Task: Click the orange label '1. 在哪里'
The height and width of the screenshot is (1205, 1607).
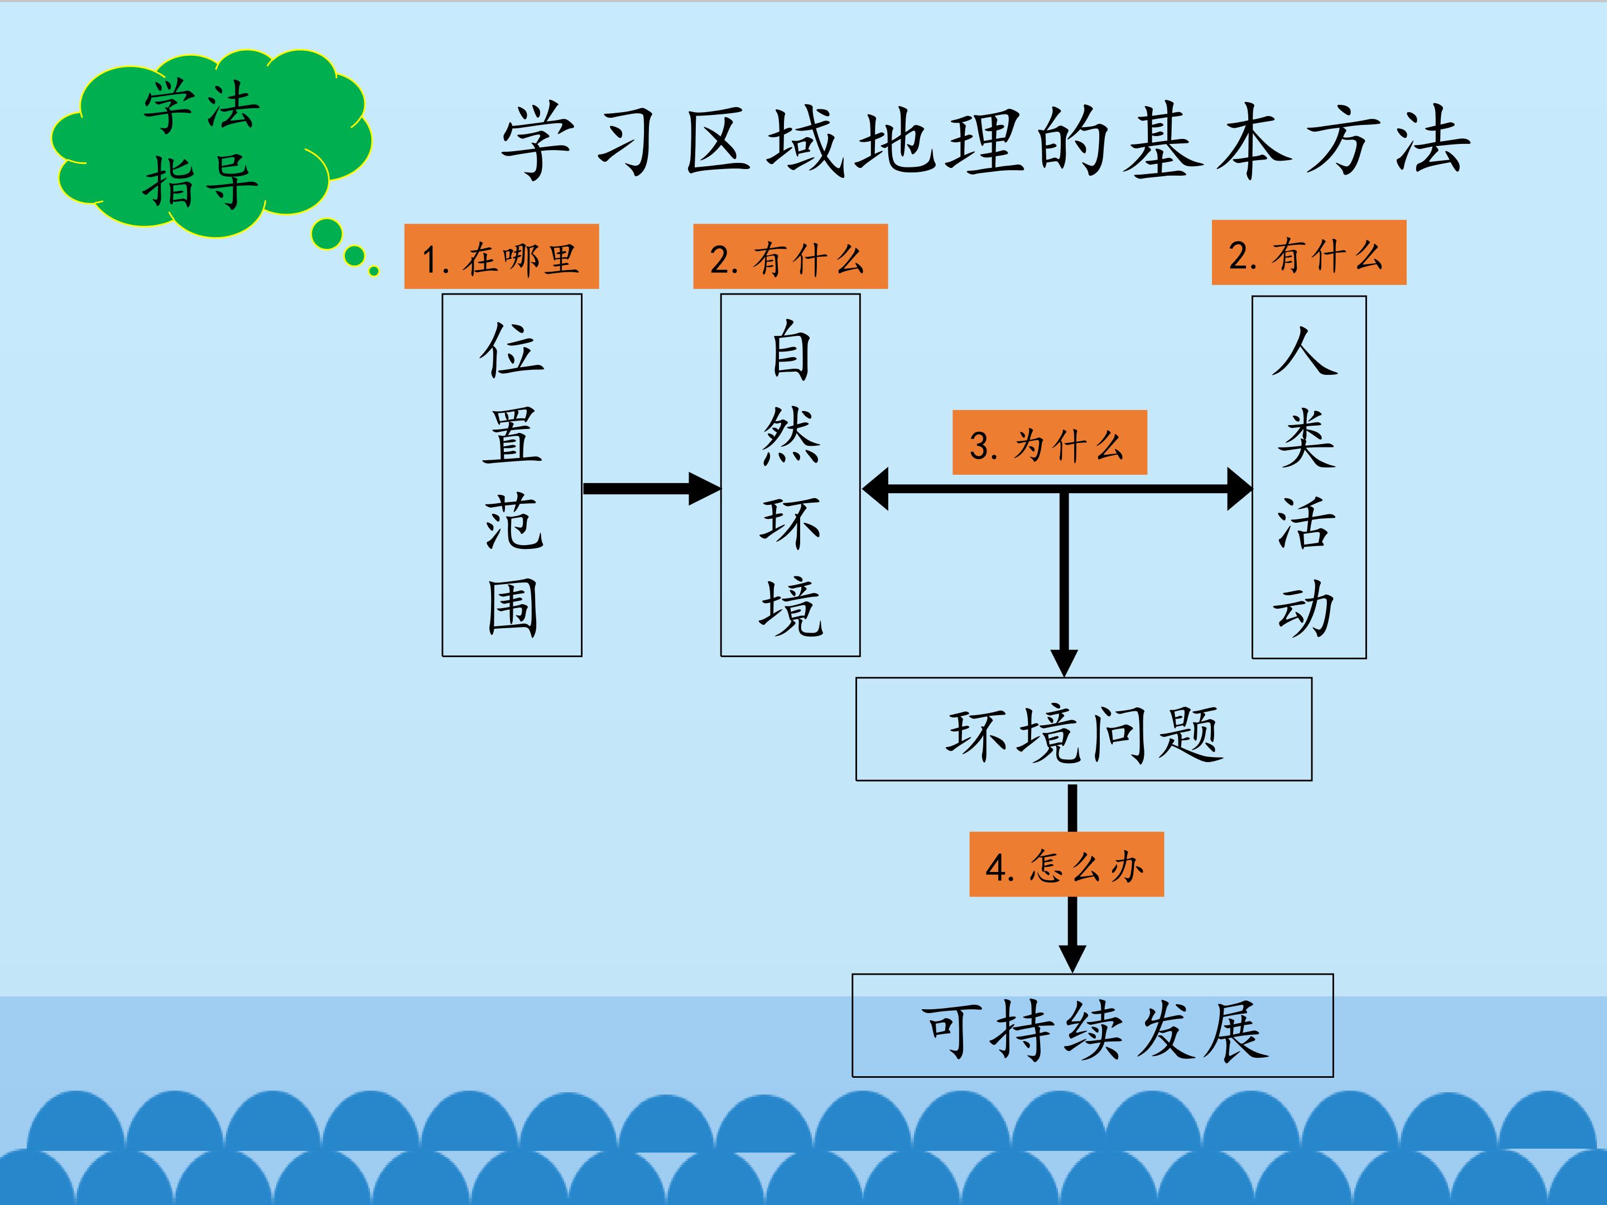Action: [501, 257]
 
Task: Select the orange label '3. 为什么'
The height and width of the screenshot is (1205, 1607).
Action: [1049, 442]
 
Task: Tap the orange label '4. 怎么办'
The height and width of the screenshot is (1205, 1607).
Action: [1066, 864]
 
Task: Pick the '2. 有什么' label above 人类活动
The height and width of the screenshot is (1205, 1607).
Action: [1308, 252]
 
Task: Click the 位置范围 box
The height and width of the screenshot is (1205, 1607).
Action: [512, 475]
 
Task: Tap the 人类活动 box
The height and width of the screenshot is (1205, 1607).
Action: [1308, 477]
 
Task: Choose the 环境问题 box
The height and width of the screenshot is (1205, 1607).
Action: [1083, 729]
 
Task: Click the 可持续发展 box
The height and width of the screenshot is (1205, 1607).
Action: [1092, 1025]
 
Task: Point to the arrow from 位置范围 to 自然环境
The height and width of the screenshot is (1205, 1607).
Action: [650, 489]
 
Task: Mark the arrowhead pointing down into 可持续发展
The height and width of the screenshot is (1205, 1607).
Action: [1072, 957]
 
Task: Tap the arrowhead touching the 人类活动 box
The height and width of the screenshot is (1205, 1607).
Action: [1239, 489]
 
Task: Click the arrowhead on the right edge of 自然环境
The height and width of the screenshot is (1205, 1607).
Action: [875, 489]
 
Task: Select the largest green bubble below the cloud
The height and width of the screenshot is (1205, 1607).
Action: [326, 234]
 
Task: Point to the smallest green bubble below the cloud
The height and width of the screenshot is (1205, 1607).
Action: [373, 272]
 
